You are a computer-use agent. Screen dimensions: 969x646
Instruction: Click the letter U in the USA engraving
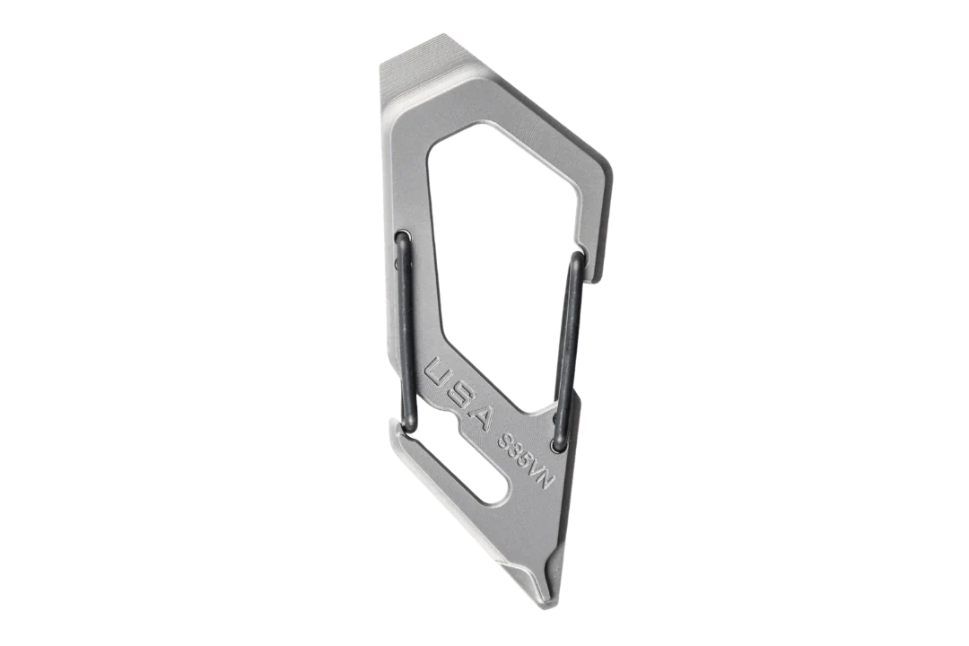[x=440, y=373]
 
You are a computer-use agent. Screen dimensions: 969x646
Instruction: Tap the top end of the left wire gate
[x=402, y=235]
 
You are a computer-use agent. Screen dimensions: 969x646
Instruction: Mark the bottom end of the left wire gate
[x=410, y=424]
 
